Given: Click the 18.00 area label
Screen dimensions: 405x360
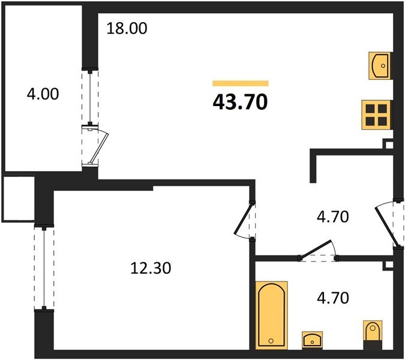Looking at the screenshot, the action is tap(127, 28).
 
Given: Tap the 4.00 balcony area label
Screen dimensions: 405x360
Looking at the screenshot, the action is tap(43, 94).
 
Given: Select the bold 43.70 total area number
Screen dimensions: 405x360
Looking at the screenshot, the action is tap(240, 102).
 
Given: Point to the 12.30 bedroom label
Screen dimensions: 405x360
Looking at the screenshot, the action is tap(151, 268).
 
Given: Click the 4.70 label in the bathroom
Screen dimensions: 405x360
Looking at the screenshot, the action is tap(333, 298).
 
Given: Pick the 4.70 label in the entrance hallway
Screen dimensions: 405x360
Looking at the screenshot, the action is tap(333, 217).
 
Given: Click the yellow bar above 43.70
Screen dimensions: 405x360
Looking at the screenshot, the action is tap(241, 83).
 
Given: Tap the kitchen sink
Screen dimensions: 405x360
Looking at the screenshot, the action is tap(379, 65).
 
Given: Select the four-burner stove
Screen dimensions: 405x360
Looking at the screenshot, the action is tap(377, 115).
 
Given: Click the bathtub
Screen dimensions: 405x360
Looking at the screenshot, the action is tap(271, 316).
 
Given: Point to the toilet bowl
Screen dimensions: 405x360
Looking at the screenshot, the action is tap(373, 331).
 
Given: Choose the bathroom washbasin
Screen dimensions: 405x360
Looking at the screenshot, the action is tap(312, 340).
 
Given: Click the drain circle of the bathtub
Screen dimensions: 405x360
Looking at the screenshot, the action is tap(271, 341).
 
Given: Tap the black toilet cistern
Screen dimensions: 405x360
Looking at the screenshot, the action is tap(373, 345).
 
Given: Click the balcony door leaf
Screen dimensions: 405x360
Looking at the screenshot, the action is tap(100, 148).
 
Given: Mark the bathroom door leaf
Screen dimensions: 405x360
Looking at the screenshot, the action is tap(315, 249).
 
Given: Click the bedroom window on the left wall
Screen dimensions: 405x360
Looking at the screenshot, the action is tap(44, 268).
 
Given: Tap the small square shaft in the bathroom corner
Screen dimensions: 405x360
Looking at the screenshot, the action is tap(388, 265).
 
